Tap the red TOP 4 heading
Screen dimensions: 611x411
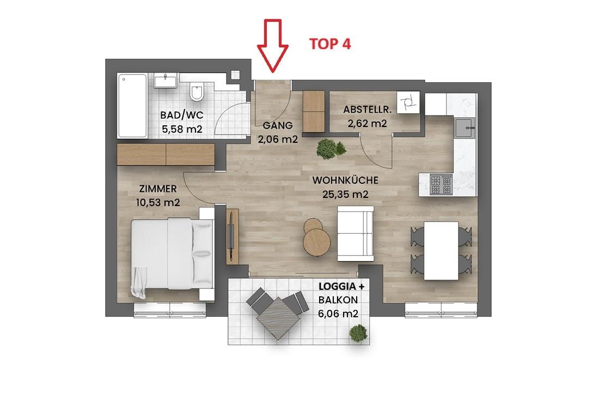click(x=330, y=44)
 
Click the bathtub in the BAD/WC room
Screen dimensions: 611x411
click(x=132, y=105)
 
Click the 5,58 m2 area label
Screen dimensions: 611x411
click(x=182, y=129)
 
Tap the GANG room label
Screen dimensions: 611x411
click(x=277, y=125)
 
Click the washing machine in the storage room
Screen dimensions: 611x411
click(x=408, y=102)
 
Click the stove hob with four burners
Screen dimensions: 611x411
click(x=441, y=184)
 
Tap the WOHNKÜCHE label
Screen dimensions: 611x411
click(x=345, y=180)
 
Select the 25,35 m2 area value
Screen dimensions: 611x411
click(x=345, y=194)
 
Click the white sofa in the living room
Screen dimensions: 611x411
click(x=356, y=233)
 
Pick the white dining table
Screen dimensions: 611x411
click(x=441, y=250)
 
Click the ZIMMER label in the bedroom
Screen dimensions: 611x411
click(x=158, y=189)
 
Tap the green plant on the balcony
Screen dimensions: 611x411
click(x=358, y=333)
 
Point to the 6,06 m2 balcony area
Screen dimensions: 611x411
click(x=338, y=313)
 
